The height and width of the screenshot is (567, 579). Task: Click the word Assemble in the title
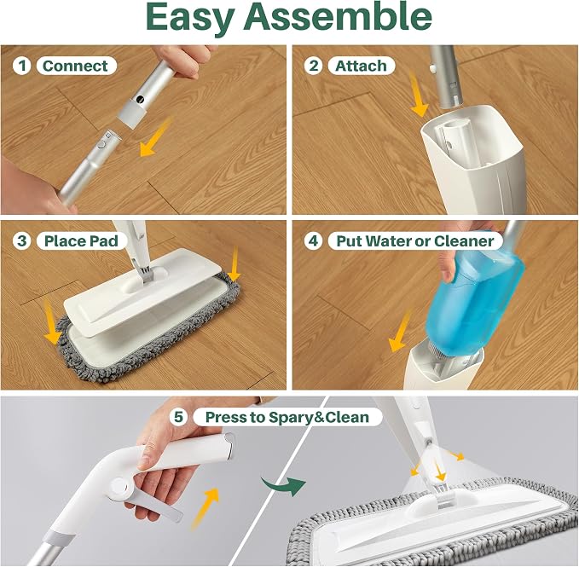pos(338,16)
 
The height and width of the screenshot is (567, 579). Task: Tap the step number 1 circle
pos(22,66)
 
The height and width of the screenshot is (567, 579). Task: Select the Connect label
pos(76,66)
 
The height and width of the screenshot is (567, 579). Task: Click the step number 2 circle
pos(314,66)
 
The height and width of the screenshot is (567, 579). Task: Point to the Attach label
pos(362,66)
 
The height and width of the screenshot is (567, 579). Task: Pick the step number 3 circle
pos(22,240)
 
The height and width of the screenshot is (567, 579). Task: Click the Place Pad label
pos(81,241)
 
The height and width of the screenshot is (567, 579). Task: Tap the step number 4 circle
pos(314,240)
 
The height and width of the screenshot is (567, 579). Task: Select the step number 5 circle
pos(179,417)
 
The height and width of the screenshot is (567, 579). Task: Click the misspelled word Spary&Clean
pos(319,418)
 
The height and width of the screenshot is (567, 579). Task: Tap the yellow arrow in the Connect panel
pos(156,137)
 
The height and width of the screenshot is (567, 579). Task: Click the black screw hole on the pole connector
pos(140,99)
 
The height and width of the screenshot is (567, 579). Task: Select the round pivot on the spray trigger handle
pos(119,488)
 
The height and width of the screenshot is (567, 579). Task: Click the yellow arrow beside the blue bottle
pos(400,331)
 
